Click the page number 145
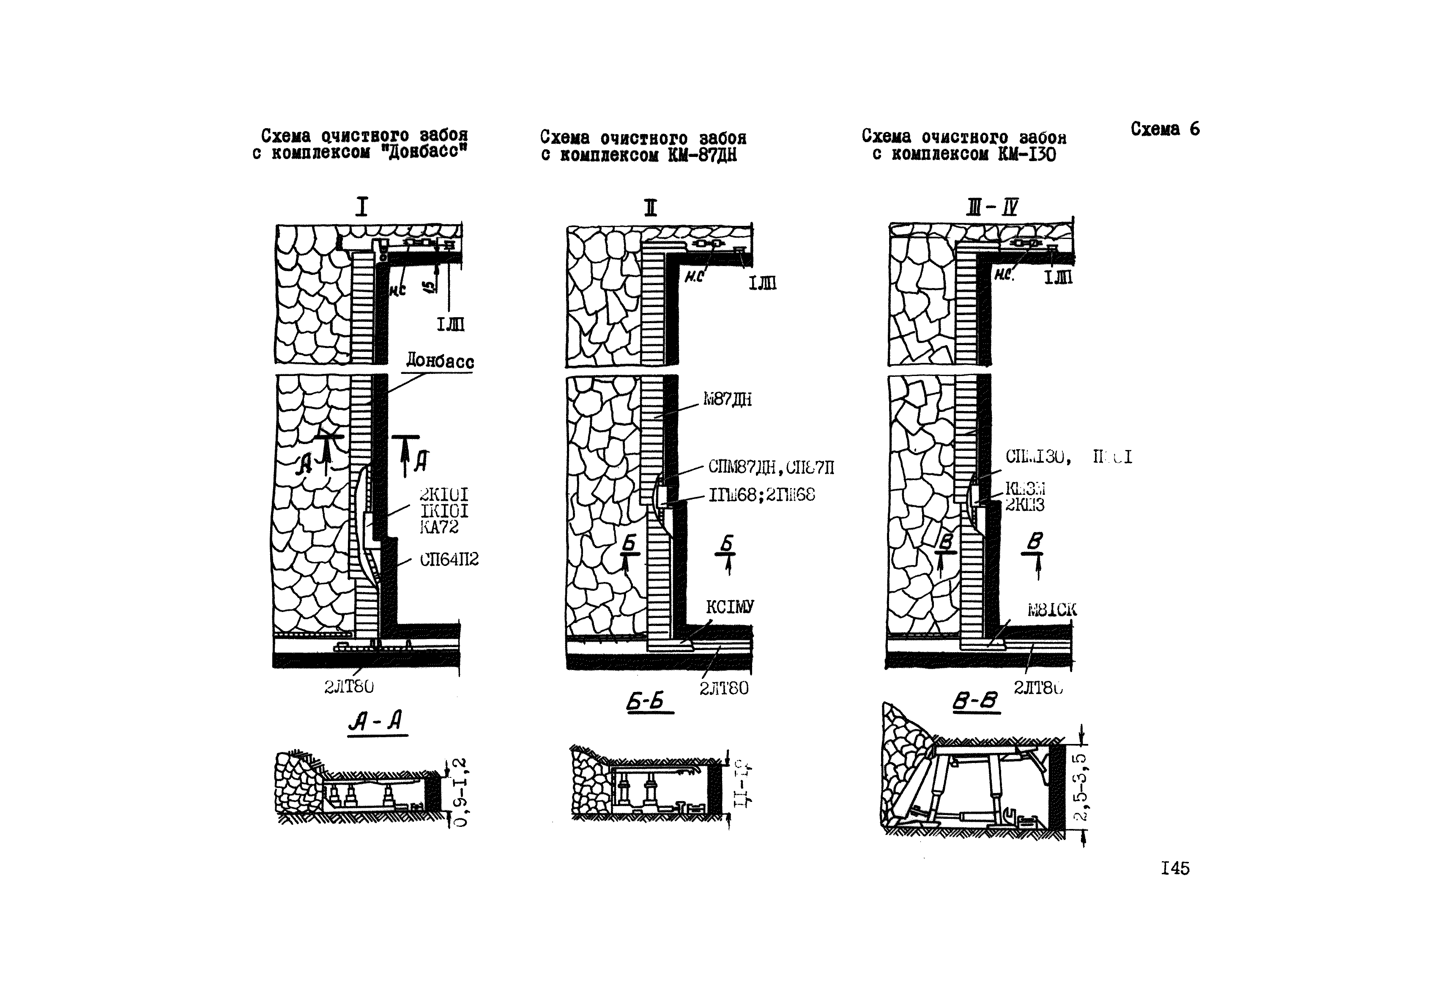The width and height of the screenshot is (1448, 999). pyautogui.click(x=1174, y=868)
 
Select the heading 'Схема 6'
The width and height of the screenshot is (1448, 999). pyautogui.click(x=1165, y=129)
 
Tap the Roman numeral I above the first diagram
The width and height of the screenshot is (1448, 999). pyautogui.click(x=362, y=206)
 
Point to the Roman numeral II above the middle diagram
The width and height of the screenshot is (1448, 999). pyautogui.click(x=651, y=207)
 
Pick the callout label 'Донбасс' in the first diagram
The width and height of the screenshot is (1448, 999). pyautogui.click(x=440, y=361)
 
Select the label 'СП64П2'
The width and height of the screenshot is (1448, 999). pyautogui.click(x=449, y=559)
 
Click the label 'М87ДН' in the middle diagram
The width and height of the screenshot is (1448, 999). pyautogui.click(x=727, y=399)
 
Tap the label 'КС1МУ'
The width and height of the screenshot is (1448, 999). pyautogui.click(x=730, y=607)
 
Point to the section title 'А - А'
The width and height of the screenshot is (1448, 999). pyautogui.click(x=376, y=722)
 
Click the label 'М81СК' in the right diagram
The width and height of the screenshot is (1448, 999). pyautogui.click(x=1051, y=609)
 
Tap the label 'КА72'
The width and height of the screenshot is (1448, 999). pyautogui.click(x=439, y=527)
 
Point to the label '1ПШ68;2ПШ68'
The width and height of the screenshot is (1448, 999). pyautogui.click(x=761, y=495)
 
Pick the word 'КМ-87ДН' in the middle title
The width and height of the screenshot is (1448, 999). pyautogui.click(x=701, y=155)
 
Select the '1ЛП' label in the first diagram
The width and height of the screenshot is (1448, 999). pyautogui.click(x=451, y=324)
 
